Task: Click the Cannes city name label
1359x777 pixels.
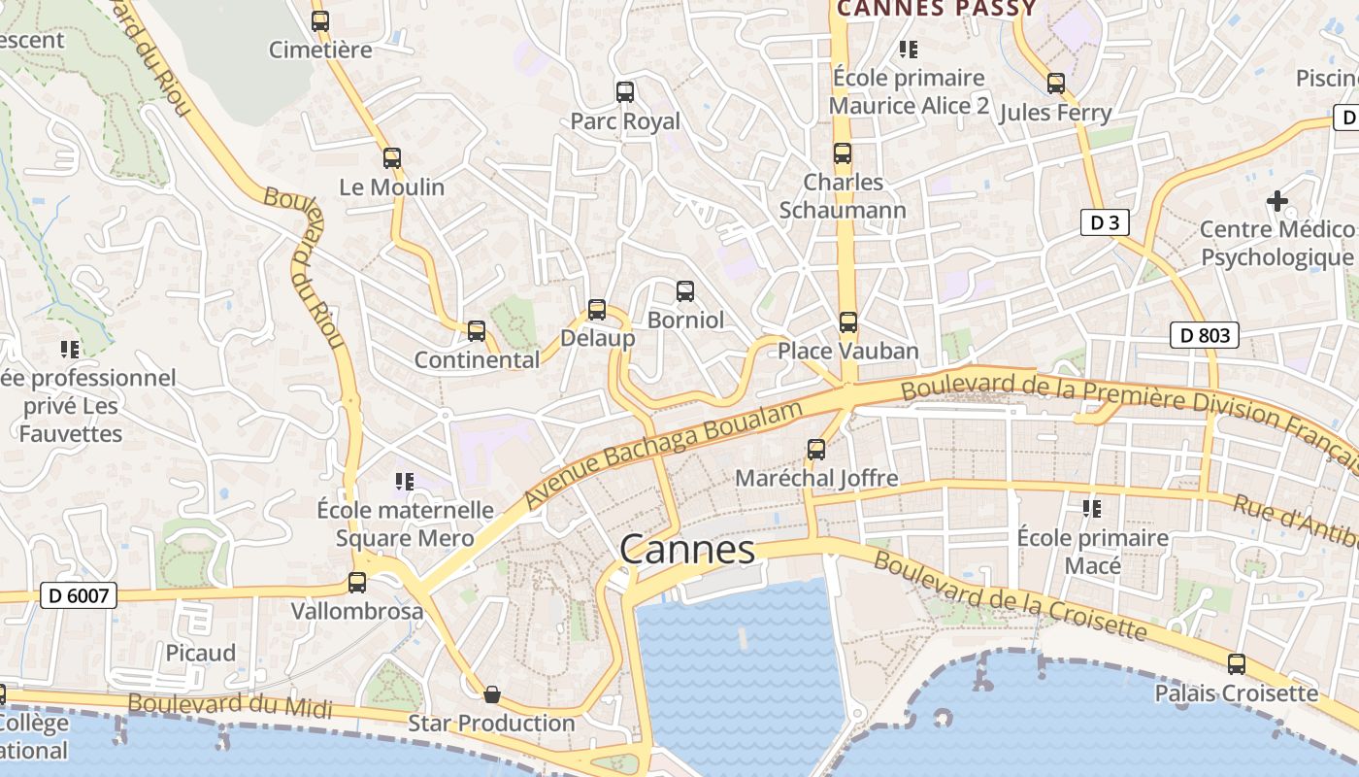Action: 687,550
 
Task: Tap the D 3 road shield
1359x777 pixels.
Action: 1105,222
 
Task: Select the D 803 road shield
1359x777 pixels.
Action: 1205,336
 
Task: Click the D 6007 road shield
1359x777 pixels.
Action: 79,595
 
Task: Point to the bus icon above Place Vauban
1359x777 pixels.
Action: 848,322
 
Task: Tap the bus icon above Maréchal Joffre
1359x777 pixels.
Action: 816,450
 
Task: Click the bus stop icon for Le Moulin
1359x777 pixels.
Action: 392,158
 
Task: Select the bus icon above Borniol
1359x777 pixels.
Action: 685,290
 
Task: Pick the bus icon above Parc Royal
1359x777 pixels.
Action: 625,92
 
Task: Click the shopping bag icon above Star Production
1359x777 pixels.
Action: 492,694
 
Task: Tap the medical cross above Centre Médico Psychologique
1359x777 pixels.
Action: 1277,201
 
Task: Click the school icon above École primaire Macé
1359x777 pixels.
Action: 1092,508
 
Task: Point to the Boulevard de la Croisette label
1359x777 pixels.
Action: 1010,595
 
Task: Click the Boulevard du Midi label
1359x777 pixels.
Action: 229,705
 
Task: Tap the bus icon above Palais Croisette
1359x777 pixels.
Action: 1237,664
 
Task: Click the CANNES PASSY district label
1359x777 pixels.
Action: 937,9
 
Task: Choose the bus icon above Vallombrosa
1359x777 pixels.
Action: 357,583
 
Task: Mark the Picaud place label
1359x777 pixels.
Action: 200,653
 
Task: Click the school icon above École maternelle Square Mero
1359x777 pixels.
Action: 405,481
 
